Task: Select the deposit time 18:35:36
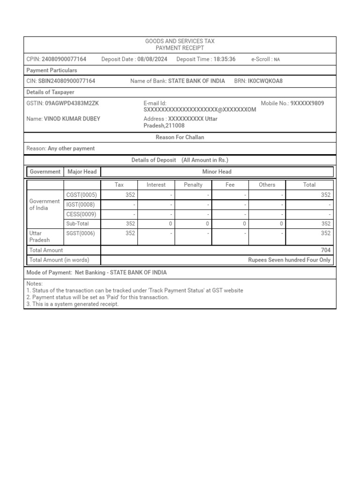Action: pos(225,59)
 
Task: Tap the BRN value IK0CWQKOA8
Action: pos(265,81)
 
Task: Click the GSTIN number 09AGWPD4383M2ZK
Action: pos(72,103)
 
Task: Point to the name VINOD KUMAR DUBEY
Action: pos(72,119)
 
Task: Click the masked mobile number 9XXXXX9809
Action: pos(307,103)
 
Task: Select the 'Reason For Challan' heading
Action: pos(180,137)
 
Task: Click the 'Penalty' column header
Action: pos(193,185)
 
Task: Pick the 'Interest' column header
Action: pos(156,185)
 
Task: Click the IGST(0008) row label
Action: pos(81,205)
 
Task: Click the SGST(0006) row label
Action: pos(81,233)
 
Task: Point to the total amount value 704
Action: pos(325,250)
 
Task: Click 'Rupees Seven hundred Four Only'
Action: pos(289,260)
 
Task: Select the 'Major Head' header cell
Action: pos(82,172)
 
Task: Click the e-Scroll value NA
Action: pos(277,60)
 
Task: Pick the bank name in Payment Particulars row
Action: pos(196,81)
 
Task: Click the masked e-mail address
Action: pos(200,109)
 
